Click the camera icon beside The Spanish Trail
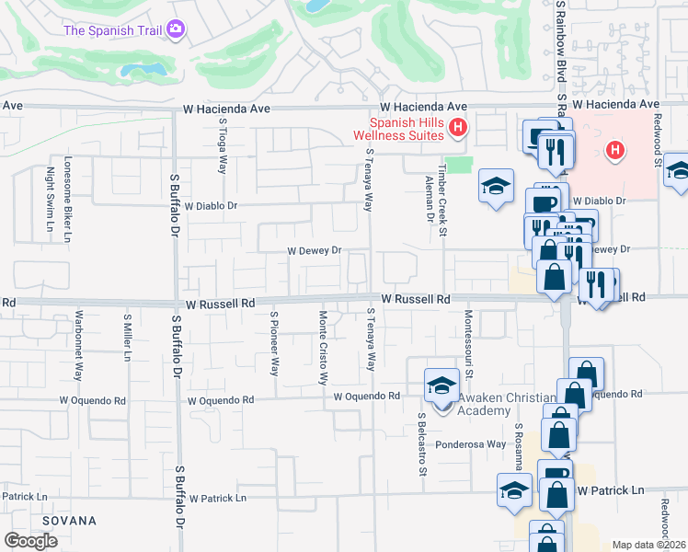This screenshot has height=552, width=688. point(176,30)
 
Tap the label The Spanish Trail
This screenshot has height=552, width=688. point(113,30)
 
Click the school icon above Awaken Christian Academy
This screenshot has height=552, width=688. point(441,385)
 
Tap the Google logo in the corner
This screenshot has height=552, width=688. point(30,541)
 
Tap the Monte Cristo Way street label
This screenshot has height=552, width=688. point(323,348)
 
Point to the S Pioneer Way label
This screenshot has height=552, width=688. point(274,343)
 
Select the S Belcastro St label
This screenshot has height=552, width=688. point(422,444)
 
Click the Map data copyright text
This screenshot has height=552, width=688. point(649,545)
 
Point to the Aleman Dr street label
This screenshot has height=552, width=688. point(429,199)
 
